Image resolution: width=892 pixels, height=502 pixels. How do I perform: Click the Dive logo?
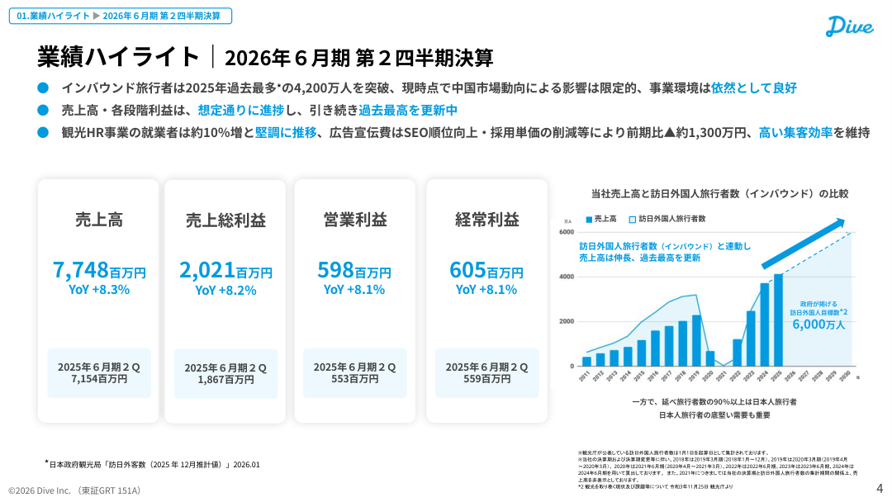tap(849, 26)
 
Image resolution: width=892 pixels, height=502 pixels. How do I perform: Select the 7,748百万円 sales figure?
tap(98, 270)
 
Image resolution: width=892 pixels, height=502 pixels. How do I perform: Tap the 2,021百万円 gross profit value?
tap(225, 270)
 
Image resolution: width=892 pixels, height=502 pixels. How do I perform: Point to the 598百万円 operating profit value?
tap(354, 270)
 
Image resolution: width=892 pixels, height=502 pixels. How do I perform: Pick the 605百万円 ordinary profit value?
tap(486, 270)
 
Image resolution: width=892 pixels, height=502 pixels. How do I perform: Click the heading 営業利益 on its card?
tap(354, 220)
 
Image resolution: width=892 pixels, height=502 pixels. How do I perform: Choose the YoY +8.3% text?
tap(98, 289)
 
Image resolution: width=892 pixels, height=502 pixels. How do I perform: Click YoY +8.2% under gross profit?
tap(225, 290)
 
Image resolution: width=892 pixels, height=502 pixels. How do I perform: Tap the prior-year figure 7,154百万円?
tap(99, 379)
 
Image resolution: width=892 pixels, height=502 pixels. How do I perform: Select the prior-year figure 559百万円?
tap(486, 379)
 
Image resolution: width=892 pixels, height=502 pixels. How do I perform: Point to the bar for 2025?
tap(778, 320)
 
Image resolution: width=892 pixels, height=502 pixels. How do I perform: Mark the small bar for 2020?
tap(710, 358)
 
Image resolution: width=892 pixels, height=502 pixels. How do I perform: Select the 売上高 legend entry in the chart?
tap(602, 219)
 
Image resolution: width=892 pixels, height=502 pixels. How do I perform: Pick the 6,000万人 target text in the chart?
tap(818, 324)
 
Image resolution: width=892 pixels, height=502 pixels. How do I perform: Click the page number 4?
tap(879, 489)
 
